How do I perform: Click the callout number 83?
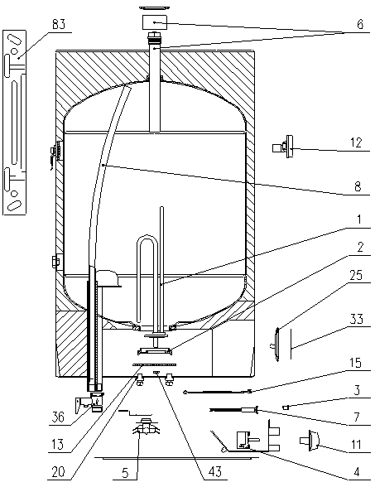58,24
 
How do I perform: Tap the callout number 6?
360,24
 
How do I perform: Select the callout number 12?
356,142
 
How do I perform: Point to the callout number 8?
358,186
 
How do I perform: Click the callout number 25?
356,275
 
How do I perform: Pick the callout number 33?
356,319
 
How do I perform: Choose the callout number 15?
355,363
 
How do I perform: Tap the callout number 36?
57,417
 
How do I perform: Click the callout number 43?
215,472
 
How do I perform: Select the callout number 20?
58,472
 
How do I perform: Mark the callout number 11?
356,445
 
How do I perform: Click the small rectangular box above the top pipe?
155,22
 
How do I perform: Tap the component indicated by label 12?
283,147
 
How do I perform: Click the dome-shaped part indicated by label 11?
310,441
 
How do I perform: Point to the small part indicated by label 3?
286,407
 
